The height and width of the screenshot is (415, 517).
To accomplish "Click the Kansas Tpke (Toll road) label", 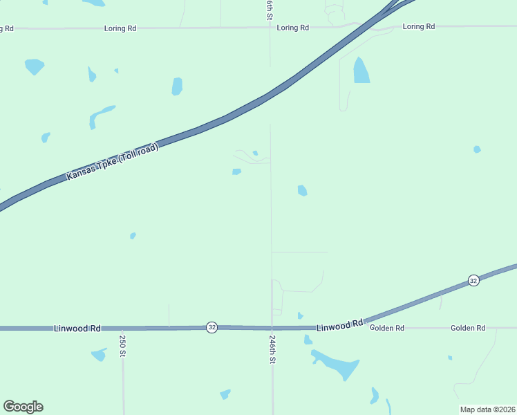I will (113, 162).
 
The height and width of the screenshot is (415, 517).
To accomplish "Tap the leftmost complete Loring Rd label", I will (120, 28).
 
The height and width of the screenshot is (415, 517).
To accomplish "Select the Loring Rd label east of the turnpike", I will (419, 26).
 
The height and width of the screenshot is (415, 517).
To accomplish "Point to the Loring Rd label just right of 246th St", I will (292, 28).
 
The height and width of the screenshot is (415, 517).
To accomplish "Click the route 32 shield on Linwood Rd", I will (211, 327).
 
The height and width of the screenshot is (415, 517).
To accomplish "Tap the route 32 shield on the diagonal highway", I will (473, 280).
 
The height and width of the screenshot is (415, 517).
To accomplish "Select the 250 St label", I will (122, 345).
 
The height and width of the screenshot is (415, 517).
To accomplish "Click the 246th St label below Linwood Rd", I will (273, 350).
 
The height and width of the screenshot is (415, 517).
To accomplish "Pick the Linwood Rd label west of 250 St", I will (77, 328).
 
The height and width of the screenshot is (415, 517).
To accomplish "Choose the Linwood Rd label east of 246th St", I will (340, 324).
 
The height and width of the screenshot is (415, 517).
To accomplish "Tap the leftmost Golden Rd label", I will (387, 328).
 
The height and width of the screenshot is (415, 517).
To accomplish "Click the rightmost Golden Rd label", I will (468, 328).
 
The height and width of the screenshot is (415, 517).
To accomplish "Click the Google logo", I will (23, 407).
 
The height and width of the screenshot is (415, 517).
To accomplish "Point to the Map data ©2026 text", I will (488, 409).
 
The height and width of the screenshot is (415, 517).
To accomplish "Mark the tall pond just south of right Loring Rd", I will (361, 71).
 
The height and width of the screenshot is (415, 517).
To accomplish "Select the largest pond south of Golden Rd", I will (337, 365).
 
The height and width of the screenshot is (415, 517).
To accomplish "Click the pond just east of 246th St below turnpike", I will (302, 190).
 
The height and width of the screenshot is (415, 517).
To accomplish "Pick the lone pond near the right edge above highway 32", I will (477, 149).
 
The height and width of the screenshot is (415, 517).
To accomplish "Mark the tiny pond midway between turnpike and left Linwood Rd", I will (133, 236).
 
